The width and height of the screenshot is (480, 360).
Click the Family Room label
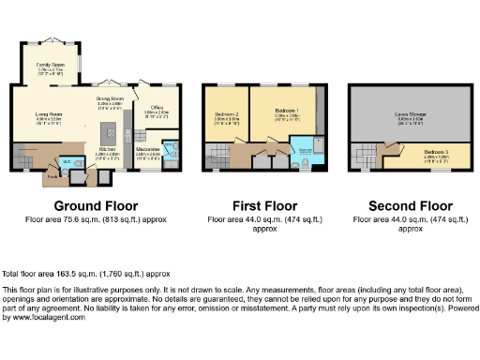pyautogui.click(x=50, y=66)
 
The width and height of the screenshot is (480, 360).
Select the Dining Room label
pyautogui.click(x=111, y=97)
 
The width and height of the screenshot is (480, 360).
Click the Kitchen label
pyautogui.click(x=108, y=150)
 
